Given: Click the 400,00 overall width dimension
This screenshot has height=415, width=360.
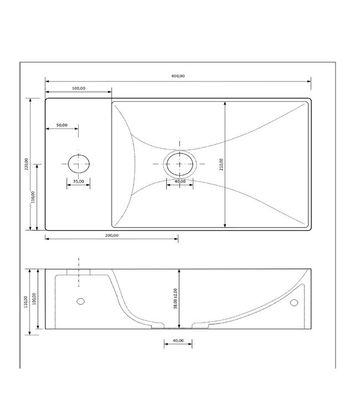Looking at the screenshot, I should click(x=178, y=76).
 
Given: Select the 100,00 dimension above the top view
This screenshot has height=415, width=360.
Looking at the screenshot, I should click(x=78, y=88).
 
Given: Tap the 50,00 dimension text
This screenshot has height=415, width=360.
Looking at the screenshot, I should click(x=61, y=125).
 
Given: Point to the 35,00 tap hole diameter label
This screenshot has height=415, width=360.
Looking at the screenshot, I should click(x=78, y=181).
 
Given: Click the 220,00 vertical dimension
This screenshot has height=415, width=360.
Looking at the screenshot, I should click(x=27, y=164).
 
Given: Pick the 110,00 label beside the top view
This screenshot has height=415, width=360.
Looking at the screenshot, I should click(x=33, y=197).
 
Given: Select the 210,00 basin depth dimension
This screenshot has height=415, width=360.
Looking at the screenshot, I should click(x=220, y=164).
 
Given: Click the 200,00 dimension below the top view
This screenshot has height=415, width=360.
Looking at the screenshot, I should click(x=111, y=235).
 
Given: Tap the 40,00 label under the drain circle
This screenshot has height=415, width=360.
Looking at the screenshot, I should click(x=179, y=181).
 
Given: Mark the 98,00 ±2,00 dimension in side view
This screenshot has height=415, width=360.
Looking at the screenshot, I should click(x=176, y=298).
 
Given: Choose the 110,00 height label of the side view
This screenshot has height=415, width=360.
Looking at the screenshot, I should click(x=27, y=302).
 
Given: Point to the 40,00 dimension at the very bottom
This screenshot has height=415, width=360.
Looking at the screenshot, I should click(x=178, y=341).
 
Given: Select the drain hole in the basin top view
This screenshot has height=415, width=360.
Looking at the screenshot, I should click(x=179, y=164).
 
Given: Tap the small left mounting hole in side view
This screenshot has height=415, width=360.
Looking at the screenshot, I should click(x=80, y=302).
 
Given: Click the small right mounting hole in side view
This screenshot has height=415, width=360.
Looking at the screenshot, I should click(x=294, y=302).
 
